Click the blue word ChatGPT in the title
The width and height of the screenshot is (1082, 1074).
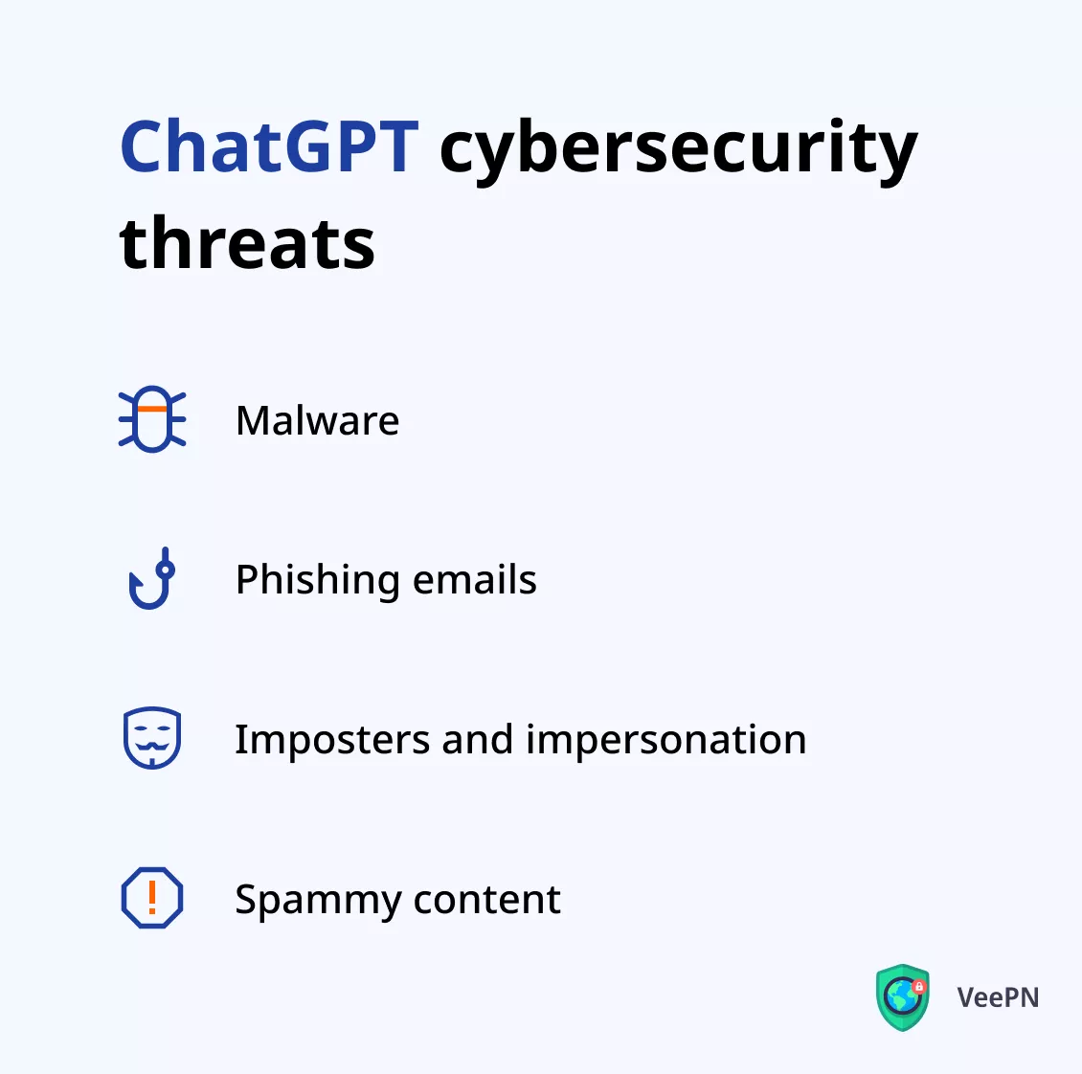pos(269,146)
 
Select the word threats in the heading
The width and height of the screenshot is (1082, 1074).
pos(247,242)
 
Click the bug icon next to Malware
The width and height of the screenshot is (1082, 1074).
pos(152,419)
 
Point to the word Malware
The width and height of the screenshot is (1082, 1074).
pos(318,420)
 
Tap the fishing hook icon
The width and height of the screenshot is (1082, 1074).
pos(152,578)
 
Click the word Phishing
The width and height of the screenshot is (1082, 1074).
pos(318,580)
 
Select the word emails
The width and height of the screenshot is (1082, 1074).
pos(474,579)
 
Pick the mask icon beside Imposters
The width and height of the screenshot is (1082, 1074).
pos(152,737)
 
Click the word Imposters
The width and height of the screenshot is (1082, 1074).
pos(332,741)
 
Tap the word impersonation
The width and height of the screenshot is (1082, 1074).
pos(665,741)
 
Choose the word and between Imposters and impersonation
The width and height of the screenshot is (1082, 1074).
pos(478,739)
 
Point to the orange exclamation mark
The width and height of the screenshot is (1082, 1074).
pos(152,897)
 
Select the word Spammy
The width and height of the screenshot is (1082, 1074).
pos(318,902)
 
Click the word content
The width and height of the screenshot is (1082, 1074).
pos(487,900)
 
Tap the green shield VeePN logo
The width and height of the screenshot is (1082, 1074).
pos(903,997)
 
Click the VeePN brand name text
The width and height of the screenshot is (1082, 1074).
pos(998,997)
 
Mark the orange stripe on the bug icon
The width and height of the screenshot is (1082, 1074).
pos(152,409)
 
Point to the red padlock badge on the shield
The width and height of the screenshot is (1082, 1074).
pos(918,987)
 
